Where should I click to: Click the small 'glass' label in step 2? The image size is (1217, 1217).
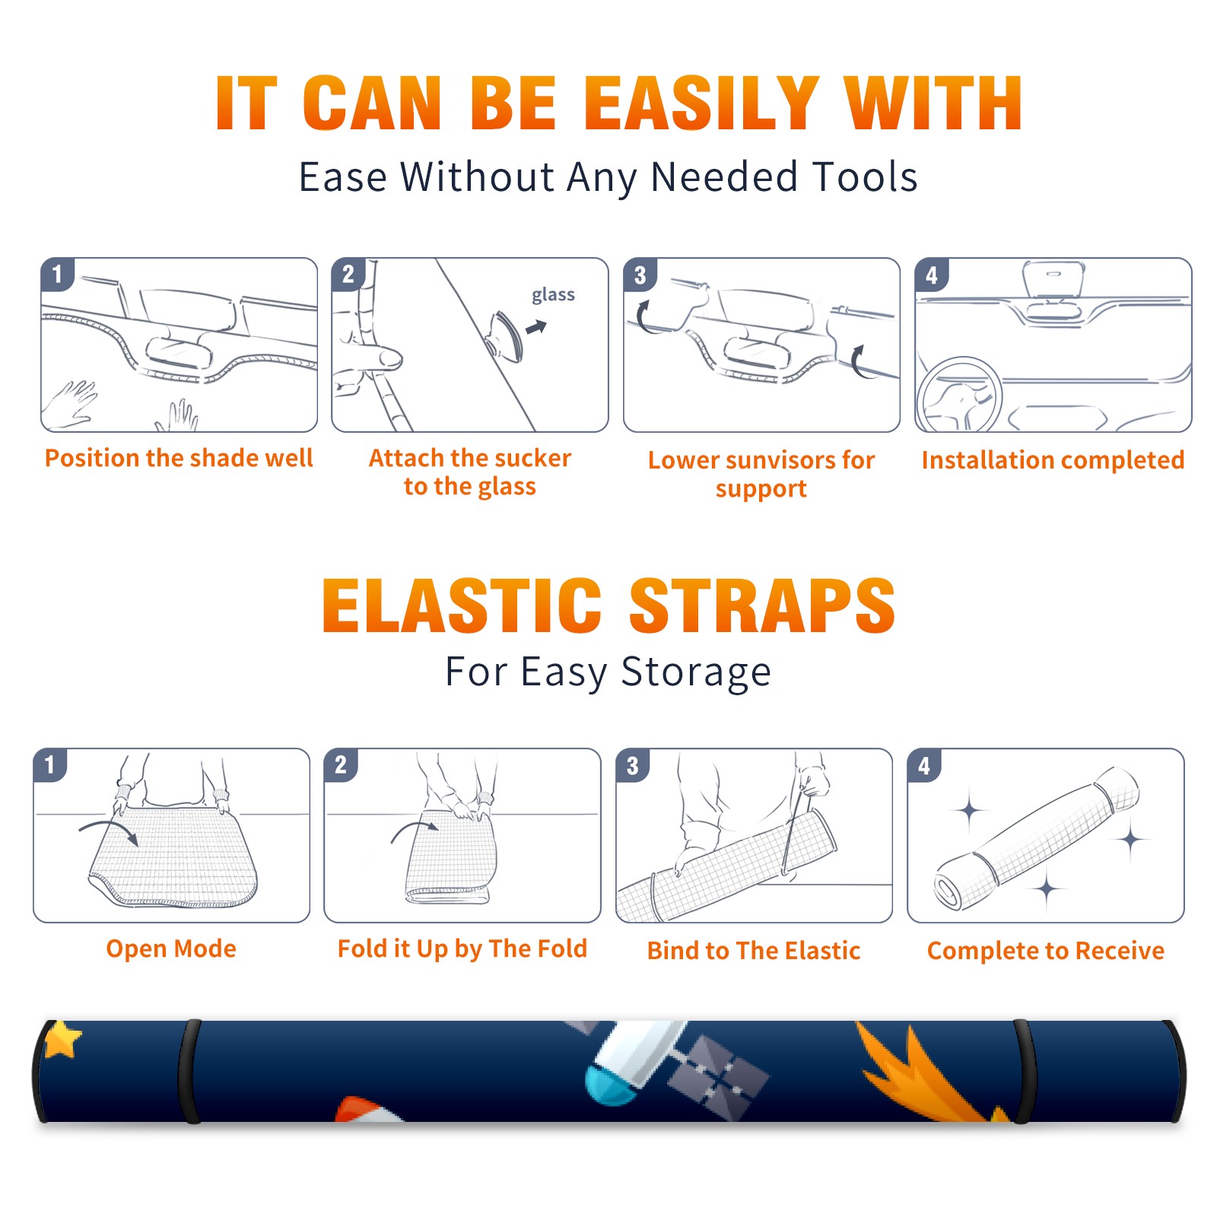coord(553,295)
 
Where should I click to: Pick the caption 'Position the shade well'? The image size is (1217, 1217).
coord(179,458)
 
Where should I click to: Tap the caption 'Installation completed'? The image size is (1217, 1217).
coord(1053,460)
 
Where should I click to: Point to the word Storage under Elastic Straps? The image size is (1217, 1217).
coord(696,672)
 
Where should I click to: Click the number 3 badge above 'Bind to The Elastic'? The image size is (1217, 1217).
coord(633,766)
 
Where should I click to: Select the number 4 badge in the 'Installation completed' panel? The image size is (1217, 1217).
coord(932,275)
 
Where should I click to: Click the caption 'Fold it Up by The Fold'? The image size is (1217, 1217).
coord(462,949)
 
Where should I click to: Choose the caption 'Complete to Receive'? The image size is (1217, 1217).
coord(1046,951)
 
